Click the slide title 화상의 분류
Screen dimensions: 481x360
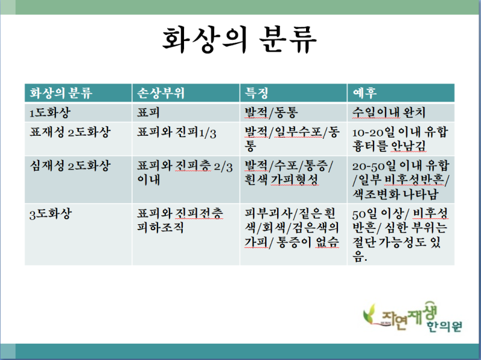click(x=239, y=39)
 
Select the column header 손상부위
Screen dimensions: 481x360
click(x=161, y=93)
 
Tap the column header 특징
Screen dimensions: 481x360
click(x=257, y=93)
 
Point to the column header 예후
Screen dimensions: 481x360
click(x=364, y=93)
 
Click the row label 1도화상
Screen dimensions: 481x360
click(x=50, y=112)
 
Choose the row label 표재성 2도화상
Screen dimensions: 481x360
click(x=70, y=132)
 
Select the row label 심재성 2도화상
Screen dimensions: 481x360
click(x=70, y=166)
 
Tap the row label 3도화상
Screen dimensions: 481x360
click(x=51, y=214)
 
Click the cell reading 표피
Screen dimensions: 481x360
click(x=148, y=112)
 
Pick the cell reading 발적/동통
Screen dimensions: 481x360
click(x=271, y=112)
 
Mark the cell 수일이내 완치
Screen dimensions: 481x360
click(x=388, y=112)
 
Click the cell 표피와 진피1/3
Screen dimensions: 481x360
click(x=176, y=132)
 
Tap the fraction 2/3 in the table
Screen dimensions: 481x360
click(x=223, y=167)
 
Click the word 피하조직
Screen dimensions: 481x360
click(x=160, y=228)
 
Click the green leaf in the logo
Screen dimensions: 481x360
click(x=370, y=313)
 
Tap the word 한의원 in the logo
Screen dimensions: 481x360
click(x=445, y=326)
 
